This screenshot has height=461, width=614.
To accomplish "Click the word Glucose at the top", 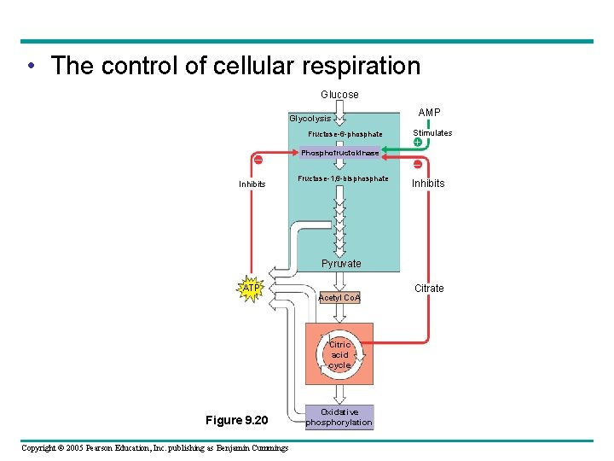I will (339, 94).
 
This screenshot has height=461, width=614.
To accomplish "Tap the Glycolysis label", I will (310, 119).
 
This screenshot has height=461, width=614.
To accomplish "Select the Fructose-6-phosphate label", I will (345, 134).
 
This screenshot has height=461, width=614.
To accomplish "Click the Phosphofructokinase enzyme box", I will (339, 152).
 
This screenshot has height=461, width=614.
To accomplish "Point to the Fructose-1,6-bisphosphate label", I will (343, 178).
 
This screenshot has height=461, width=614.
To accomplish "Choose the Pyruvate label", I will (341, 264).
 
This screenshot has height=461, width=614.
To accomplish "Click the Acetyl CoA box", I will (339, 297).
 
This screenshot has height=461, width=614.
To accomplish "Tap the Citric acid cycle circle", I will (339, 354).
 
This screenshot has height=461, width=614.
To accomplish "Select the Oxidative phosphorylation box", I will (339, 417).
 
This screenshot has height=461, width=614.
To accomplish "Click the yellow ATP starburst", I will (252, 289).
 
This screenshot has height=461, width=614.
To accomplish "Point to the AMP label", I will (429, 113).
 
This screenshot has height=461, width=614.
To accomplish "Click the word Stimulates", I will (432, 133).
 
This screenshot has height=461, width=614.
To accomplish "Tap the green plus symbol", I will (418, 143).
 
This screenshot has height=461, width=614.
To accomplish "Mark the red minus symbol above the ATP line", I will (257, 160).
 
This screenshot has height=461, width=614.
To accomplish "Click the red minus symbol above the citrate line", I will (418, 164).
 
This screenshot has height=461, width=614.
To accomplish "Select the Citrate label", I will (429, 289).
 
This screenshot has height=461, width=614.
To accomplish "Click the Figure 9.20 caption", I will (237, 420).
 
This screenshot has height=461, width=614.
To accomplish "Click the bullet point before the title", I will (30, 66).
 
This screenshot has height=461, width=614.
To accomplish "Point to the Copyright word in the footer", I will (42, 448).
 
